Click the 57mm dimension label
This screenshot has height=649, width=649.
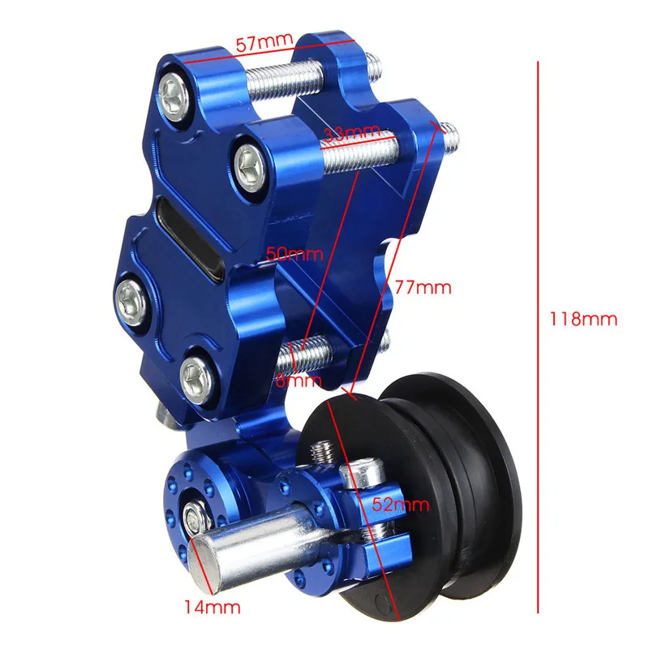click(264, 42)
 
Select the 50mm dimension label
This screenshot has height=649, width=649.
click(294, 253)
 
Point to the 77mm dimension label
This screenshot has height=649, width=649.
click(423, 287)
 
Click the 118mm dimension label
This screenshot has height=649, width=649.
click(583, 319)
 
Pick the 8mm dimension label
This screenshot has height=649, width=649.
click(299, 380)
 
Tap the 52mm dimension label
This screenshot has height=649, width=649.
click(400, 505)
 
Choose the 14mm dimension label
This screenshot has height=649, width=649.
click(213, 607)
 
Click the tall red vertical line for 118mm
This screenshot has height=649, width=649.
click(538, 337)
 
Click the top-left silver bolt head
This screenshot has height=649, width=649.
click(174, 97)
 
